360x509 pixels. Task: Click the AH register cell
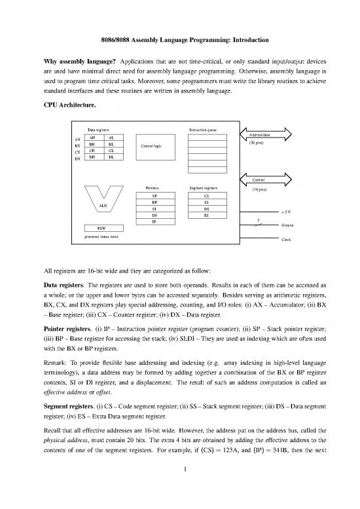[93, 138]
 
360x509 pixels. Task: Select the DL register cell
[111, 157]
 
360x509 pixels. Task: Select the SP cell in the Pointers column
[154, 195]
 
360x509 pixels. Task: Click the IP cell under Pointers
[154, 221]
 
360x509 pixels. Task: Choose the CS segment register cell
[206, 195]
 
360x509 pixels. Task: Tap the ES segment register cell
[206, 214]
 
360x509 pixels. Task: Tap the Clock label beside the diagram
[286, 240]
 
